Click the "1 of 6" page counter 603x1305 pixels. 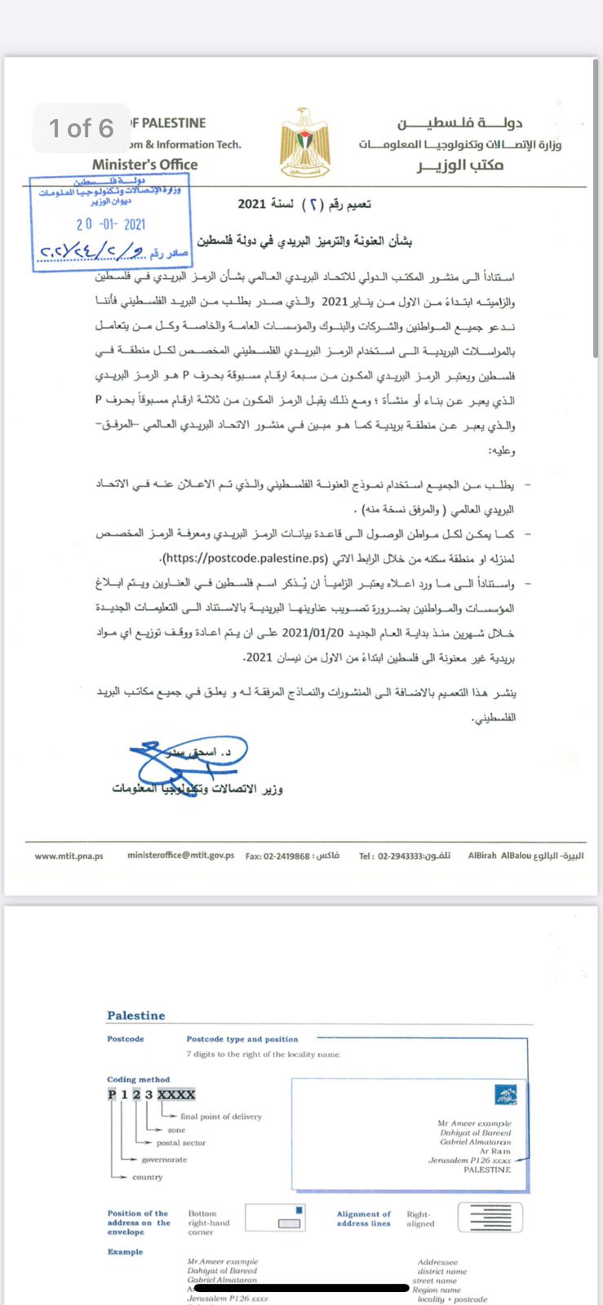(x=82, y=128)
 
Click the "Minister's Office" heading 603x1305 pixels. (x=144, y=164)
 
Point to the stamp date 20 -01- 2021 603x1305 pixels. (x=111, y=224)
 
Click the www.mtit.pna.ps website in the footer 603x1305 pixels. (x=69, y=856)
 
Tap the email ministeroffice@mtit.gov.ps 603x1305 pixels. (x=180, y=856)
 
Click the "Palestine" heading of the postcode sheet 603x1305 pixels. (x=135, y=1015)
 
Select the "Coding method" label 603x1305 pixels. (x=138, y=1079)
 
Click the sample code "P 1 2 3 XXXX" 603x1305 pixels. (x=151, y=1095)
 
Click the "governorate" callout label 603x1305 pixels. (x=164, y=1159)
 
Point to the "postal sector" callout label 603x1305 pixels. (x=180, y=1143)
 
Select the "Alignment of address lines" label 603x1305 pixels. (x=363, y=1219)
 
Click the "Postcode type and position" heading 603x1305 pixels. (x=242, y=1039)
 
